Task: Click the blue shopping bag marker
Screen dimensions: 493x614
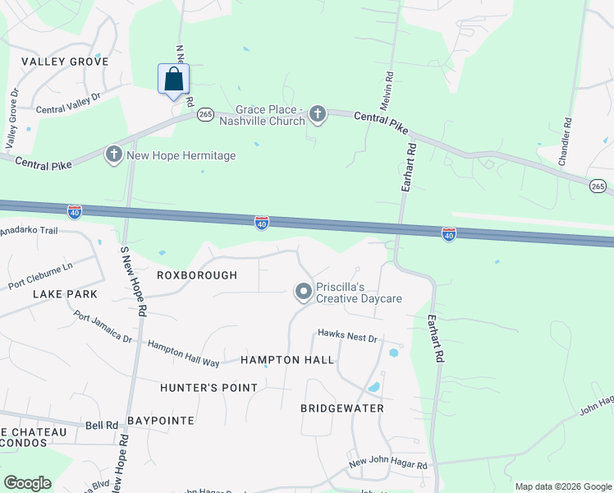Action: point(173,80)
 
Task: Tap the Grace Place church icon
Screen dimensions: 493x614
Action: point(317,115)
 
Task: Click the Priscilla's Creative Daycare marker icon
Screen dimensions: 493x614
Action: point(303,292)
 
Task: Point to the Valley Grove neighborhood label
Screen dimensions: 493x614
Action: point(65,62)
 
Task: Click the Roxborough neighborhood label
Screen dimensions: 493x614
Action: point(198,275)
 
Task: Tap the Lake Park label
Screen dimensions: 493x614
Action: point(65,293)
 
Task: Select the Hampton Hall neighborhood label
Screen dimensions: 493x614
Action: point(287,360)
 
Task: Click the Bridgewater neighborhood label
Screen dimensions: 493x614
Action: point(342,408)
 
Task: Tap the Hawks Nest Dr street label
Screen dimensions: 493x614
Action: point(347,338)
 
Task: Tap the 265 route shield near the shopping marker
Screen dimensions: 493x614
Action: point(204,116)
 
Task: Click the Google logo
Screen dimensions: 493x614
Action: point(27,483)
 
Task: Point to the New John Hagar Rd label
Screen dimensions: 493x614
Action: point(388,465)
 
